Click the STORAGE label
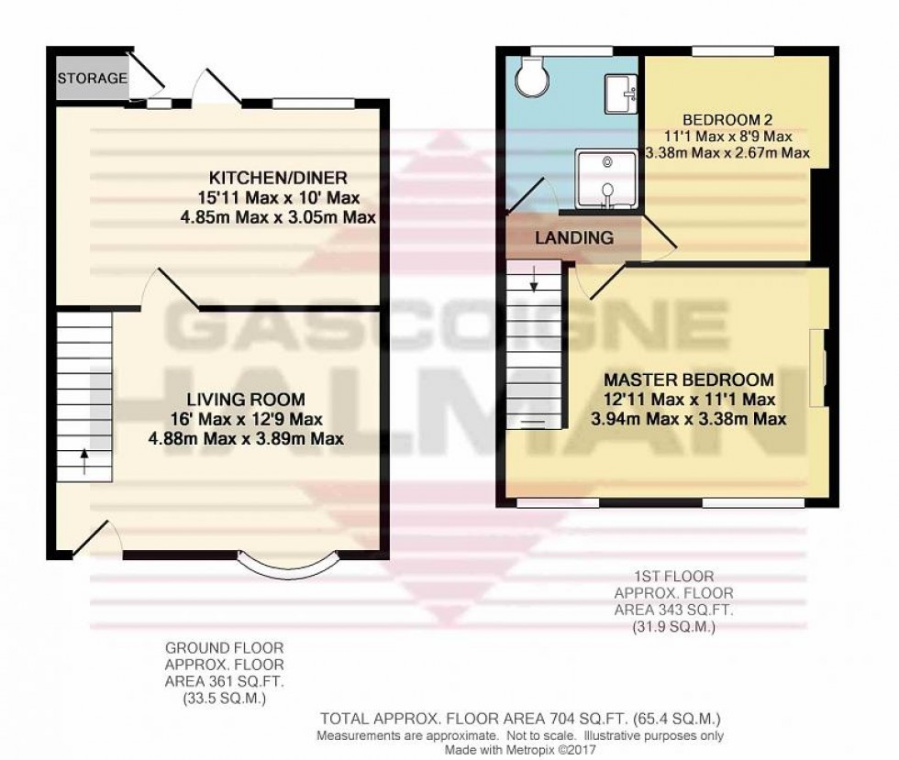pyautogui.click(x=93, y=78)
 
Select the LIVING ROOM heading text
pyautogui.click(x=245, y=400)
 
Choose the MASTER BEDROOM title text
pyautogui.click(x=688, y=380)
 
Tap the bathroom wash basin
pyautogui.click(x=619, y=92)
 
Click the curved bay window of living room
pyautogui.click(x=287, y=567)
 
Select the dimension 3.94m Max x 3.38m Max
pyautogui.click(x=688, y=420)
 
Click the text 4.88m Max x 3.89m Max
pyautogui.click(x=246, y=438)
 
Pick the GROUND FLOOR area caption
pyautogui.click(x=225, y=672)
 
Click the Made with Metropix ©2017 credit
pyautogui.click(x=520, y=748)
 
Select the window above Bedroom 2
pyautogui.click(x=732, y=50)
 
